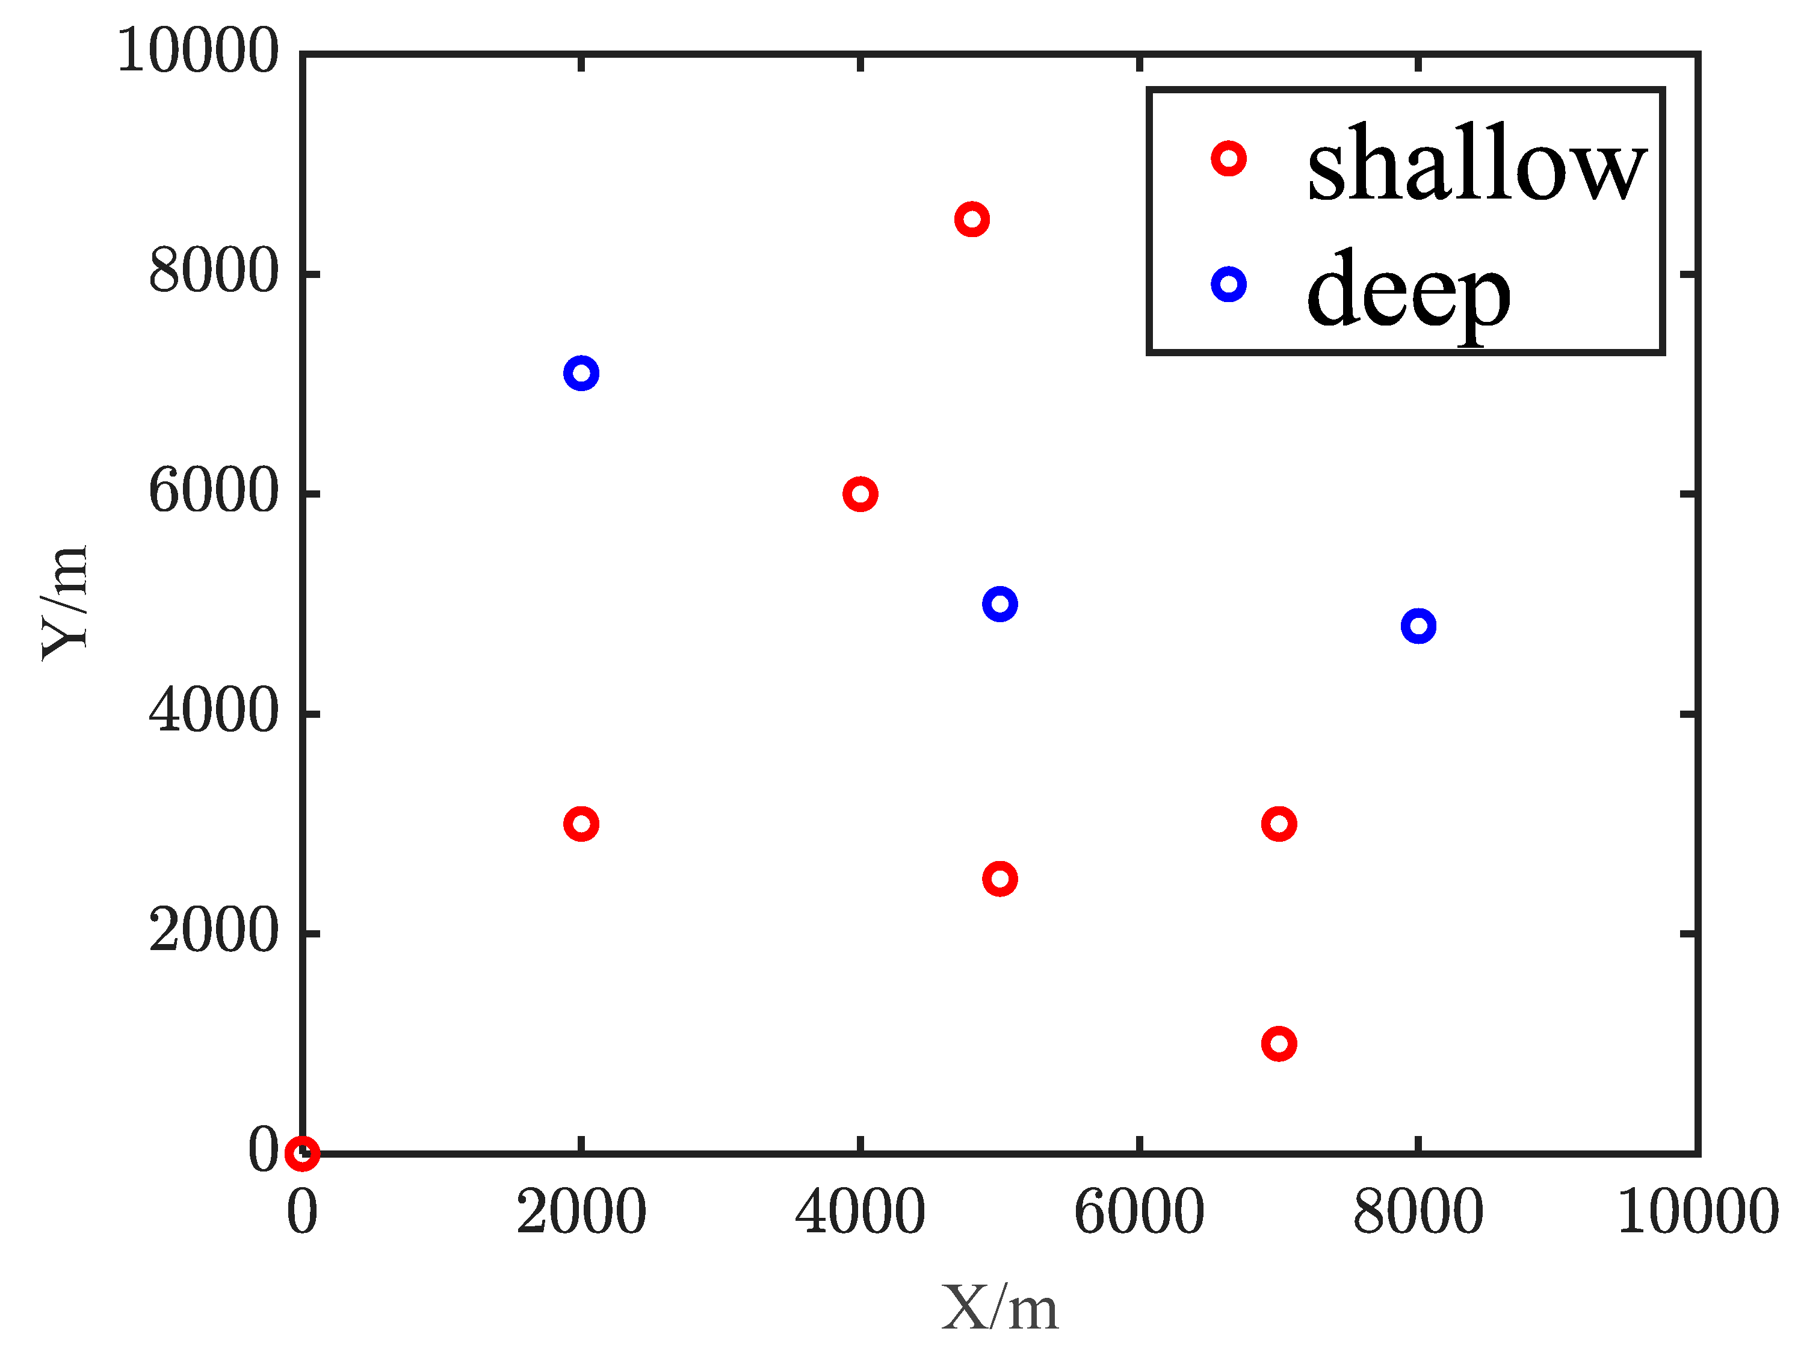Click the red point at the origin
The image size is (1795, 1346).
point(303,1152)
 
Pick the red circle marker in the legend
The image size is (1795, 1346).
point(1229,158)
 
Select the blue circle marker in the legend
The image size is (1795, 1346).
point(1229,285)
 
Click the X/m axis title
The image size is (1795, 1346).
point(999,1306)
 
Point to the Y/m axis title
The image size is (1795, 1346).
point(65,603)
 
